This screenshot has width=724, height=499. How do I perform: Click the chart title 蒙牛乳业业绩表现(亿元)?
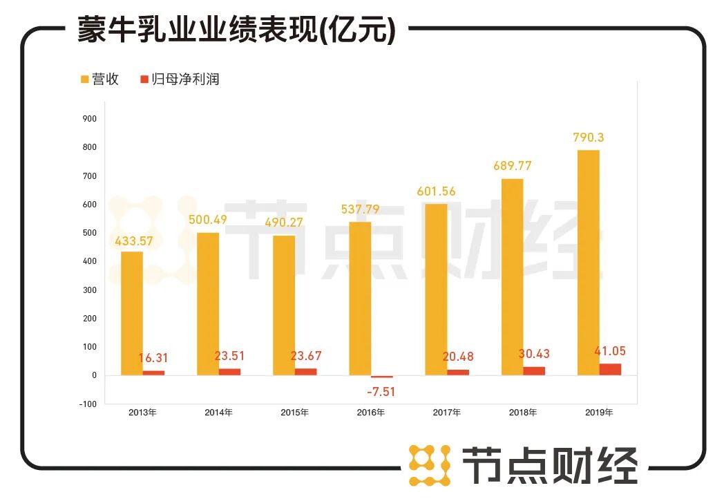point(236,30)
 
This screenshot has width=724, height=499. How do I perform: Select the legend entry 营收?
point(99,79)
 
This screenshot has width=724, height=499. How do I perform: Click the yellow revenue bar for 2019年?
point(588,263)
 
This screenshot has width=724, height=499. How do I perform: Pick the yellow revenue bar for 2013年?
point(132,313)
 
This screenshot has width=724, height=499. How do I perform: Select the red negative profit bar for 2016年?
point(381,377)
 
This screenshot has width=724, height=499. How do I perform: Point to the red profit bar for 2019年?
point(610,369)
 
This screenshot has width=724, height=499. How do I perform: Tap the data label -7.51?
point(381,391)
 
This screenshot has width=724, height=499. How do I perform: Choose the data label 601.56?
point(436,191)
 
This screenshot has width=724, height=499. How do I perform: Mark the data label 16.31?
point(153,358)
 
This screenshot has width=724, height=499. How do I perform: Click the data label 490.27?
point(284,223)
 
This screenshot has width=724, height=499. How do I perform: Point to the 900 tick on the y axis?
point(90,119)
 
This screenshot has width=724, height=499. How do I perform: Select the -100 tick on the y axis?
point(88,404)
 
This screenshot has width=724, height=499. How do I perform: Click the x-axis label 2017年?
point(447,413)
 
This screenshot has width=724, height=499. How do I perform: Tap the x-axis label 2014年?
point(218,413)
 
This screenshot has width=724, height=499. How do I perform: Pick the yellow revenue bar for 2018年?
point(512,276)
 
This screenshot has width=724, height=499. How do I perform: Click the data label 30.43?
point(533,354)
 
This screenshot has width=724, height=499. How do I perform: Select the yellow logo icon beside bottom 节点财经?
point(429,465)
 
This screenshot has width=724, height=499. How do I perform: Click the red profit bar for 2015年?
point(305,372)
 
